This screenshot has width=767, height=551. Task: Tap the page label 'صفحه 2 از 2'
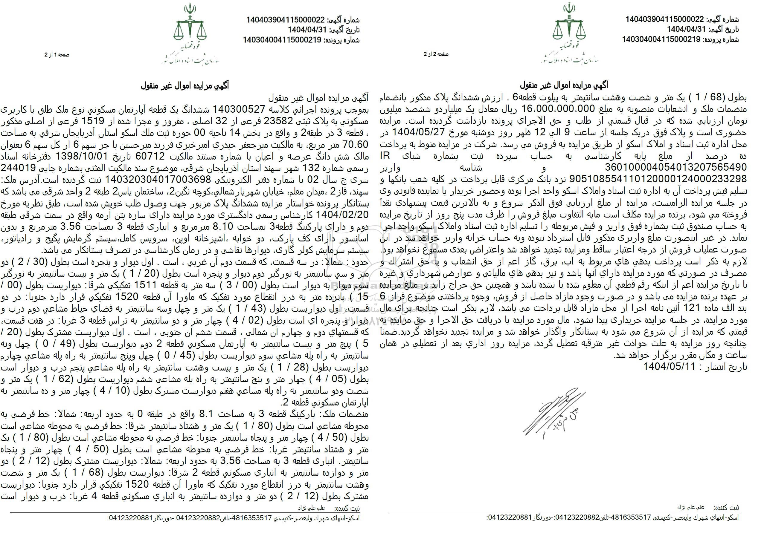pyautogui.click(x=436, y=54)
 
